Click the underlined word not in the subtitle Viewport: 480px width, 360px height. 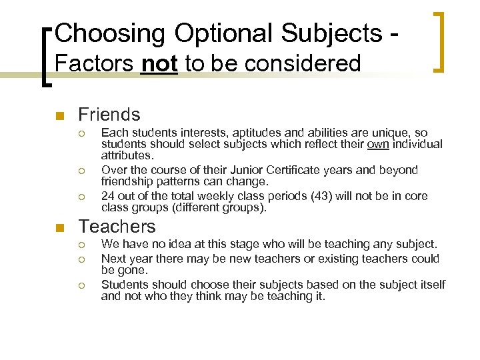click(x=159, y=64)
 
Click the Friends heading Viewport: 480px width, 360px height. click(x=109, y=115)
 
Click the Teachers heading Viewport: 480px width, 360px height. click(x=117, y=227)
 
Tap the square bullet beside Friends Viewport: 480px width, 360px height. click(x=60, y=116)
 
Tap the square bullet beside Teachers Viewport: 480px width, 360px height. click(x=60, y=228)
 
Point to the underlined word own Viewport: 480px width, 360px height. click(x=378, y=144)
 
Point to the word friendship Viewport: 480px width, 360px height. click(x=131, y=181)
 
